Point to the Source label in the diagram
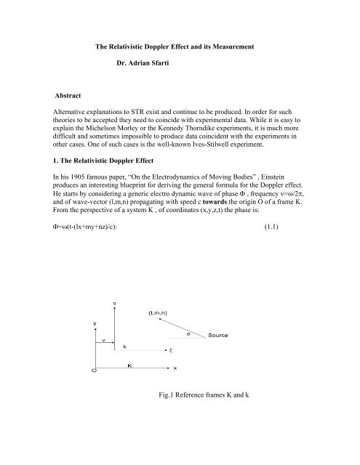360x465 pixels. (x=221, y=357)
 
